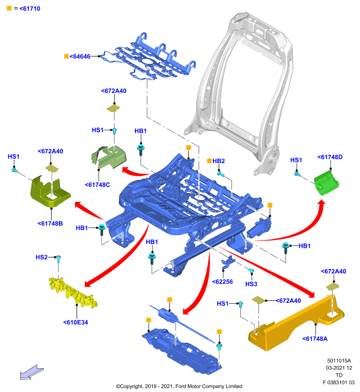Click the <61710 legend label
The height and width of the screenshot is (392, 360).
coord(30,9)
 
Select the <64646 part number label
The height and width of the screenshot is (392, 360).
coord(80,56)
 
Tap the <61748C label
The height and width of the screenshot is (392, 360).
coord(97,185)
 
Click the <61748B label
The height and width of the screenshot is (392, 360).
coord(50,223)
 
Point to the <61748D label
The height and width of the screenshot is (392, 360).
coord(330,157)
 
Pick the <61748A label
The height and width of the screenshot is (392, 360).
coord(315,339)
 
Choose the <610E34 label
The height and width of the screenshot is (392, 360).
coord(76,322)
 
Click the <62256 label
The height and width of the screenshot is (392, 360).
coord(222,282)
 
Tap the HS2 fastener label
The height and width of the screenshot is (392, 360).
coord(41,257)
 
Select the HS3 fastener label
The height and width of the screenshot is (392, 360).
coord(251,284)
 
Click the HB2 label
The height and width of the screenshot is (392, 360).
coord(218,161)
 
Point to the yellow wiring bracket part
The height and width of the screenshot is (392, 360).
coord(73,292)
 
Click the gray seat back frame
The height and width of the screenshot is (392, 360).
coord(240,95)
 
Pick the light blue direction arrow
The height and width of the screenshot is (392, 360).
coord(32,372)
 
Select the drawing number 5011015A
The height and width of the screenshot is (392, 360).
coord(339,361)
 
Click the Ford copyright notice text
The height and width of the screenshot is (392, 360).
coord(179,386)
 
